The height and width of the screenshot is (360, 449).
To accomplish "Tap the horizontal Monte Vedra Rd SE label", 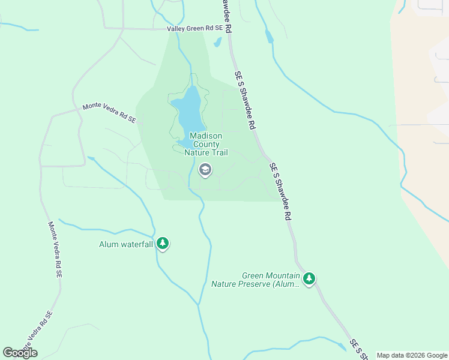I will click(109, 113).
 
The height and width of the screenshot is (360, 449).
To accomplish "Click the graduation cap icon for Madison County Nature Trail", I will click(205, 170).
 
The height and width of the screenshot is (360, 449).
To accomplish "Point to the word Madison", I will click(206, 136).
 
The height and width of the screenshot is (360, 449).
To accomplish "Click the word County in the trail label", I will click(206, 145).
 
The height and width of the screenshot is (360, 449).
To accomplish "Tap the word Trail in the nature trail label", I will click(218, 153).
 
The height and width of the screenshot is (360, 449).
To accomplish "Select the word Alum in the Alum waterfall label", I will click(110, 244).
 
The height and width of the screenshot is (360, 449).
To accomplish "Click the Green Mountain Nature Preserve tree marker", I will click(309, 278).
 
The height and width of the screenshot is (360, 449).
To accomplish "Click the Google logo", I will click(20, 353).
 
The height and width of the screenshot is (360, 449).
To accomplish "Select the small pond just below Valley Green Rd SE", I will click(217, 42).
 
